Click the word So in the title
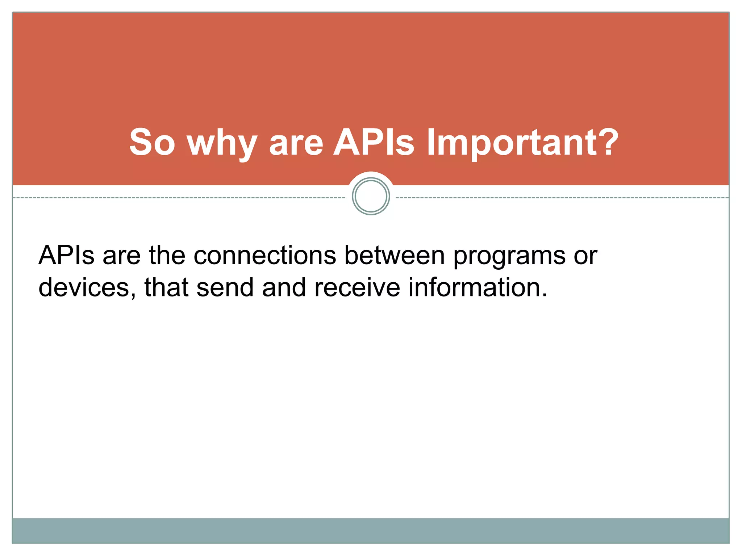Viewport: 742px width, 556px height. (x=152, y=143)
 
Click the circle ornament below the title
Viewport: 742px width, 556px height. (x=371, y=196)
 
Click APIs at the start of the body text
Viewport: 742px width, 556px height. (x=67, y=256)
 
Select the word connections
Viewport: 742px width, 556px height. (x=265, y=256)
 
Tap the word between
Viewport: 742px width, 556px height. (x=394, y=256)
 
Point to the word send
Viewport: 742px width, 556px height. (x=225, y=287)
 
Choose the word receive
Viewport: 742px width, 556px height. (x=357, y=287)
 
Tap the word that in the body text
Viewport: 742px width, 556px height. (x=166, y=287)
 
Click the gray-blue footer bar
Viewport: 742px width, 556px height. (x=371, y=530)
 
